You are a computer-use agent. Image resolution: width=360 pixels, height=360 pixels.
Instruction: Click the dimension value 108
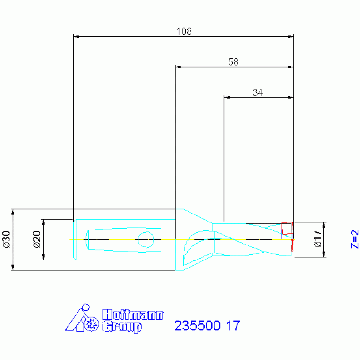pos(184,31)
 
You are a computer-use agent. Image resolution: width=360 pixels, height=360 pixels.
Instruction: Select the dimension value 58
pos(233,62)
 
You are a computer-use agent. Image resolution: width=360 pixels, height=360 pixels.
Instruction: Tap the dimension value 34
pos(258,92)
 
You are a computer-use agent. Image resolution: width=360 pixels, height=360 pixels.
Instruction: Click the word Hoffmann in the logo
pos(132,314)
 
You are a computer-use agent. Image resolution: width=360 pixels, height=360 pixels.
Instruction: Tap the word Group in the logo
pos(122,327)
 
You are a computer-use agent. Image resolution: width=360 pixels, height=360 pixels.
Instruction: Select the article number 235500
pos(198,326)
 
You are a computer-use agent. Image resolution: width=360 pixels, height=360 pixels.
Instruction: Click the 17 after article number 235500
pos(233,326)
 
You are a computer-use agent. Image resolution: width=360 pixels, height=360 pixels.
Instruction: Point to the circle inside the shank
pos(146,239)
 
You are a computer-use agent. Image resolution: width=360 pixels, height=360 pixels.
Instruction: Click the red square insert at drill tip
pos(286,229)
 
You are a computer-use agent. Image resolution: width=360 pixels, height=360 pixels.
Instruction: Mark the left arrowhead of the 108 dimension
pos(77,36)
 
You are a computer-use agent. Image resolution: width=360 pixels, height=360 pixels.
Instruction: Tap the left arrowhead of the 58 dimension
pos(178,67)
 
